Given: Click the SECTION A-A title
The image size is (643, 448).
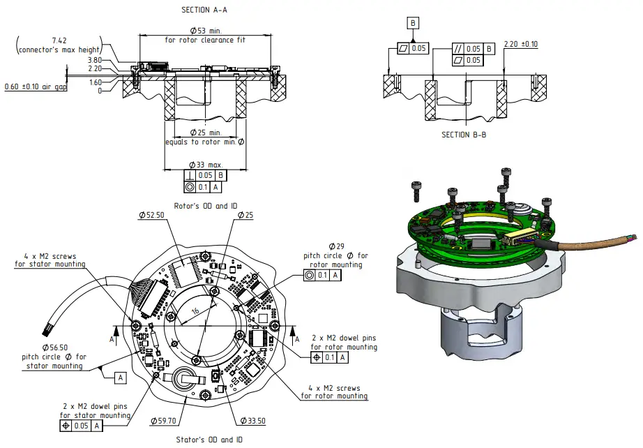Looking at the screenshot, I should point(204,10).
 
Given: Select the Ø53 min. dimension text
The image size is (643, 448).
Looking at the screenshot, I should point(205,31).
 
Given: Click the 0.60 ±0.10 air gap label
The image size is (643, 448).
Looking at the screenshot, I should point(36,87).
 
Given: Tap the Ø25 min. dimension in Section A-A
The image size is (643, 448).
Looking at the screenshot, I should point(205,133).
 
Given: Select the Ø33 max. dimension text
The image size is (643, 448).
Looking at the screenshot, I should point(205,165).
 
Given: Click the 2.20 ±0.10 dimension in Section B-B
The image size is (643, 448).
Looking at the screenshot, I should point(520,44).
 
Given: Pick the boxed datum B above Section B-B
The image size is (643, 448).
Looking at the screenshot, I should point(413,24).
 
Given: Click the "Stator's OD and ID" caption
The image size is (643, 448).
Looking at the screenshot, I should point(210,440).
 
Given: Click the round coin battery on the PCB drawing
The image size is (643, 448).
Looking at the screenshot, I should point(185,378).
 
